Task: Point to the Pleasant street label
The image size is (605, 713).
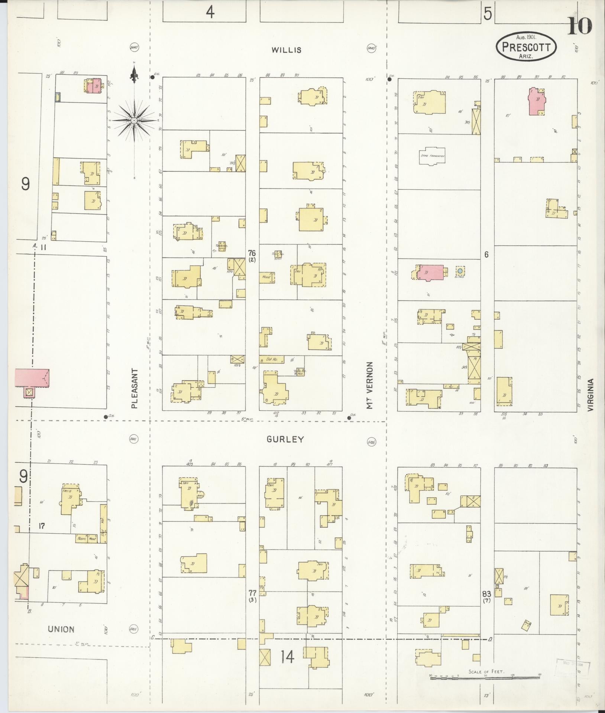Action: pyautogui.click(x=135, y=388)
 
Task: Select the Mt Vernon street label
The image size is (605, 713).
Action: pyautogui.click(x=369, y=385)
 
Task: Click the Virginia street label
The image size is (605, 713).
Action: pyautogui.click(x=591, y=394)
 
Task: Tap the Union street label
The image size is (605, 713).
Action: pyautogui.click(x=61, y=629)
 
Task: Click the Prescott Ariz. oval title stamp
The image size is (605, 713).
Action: pyautogui.click(x=526, y=46)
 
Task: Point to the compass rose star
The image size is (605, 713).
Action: pyautogui.click(x=134, y=121)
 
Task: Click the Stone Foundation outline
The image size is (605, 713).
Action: pyautogui.click(x=432, y=156)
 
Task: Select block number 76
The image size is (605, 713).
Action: pyautogui.click(x=252, y=253)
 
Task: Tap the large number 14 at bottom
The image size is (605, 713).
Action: pyautogui.click(x=287, y=657)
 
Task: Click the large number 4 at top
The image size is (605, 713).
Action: pyautogui.click(x=210, y=13)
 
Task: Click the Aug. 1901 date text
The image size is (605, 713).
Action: pyautogui.click(x=528, y=37)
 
